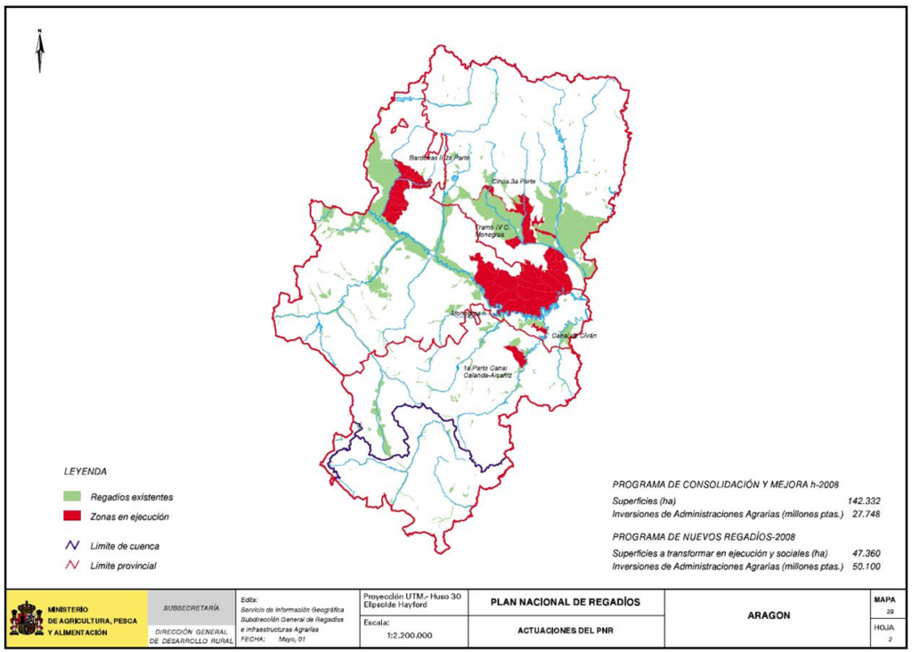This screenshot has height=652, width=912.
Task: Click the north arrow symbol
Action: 40,52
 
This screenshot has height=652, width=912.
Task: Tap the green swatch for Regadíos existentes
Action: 72,496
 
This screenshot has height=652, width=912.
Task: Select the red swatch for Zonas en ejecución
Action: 72,517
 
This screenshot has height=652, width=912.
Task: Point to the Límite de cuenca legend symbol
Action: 72,545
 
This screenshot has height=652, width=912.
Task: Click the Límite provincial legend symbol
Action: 72,566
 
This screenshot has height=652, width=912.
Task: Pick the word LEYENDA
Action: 85,471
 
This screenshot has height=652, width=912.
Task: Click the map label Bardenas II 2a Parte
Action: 439,158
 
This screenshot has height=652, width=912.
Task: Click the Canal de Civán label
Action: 574,336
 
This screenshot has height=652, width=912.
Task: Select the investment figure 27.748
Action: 866,514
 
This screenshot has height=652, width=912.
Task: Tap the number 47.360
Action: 866,553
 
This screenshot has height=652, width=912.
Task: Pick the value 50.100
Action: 866,566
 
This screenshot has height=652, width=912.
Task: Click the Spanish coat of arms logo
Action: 26,619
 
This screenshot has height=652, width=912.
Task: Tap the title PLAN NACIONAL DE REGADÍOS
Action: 565,602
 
